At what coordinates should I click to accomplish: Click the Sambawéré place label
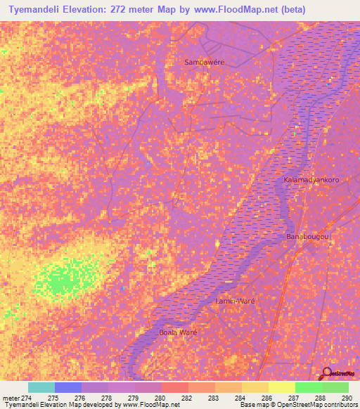point(204,62)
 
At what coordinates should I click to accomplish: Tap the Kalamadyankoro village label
point(311,180)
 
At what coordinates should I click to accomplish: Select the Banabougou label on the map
point(308,237)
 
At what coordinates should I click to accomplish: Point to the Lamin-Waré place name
point(233,300)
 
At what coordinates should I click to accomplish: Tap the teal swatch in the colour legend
point(41,387)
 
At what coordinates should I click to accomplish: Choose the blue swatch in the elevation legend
point(68,387)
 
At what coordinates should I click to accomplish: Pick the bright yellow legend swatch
point(282,387)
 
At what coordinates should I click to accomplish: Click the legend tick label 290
point(346,398)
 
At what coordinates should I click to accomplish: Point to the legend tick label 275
point(53,398)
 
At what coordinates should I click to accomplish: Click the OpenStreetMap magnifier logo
point(327,373)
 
